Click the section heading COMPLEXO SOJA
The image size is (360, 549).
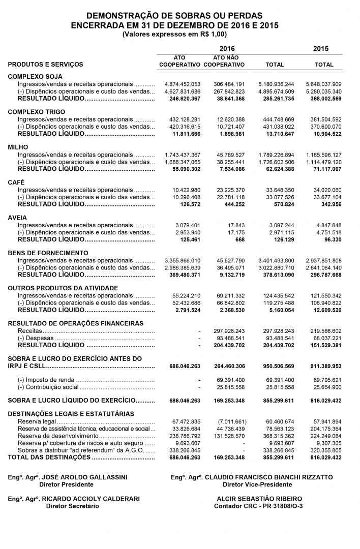[x=32, y=76]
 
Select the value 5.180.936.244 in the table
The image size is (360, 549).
[x=276, y=84]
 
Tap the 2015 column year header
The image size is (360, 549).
[x=321, y=49]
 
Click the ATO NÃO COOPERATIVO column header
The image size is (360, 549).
[x=226, y=61]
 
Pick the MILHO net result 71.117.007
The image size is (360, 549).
[x=324, y=168]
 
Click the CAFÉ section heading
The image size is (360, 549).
[x=16, y=182]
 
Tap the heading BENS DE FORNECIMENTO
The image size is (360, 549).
[x=48, y=253]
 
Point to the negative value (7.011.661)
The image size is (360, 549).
[x=232, y=422]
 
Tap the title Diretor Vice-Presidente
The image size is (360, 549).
[x=252, y=484]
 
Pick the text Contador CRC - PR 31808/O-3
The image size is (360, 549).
[x=258, y=506]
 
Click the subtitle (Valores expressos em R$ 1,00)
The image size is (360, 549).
[x=174, y=34]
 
